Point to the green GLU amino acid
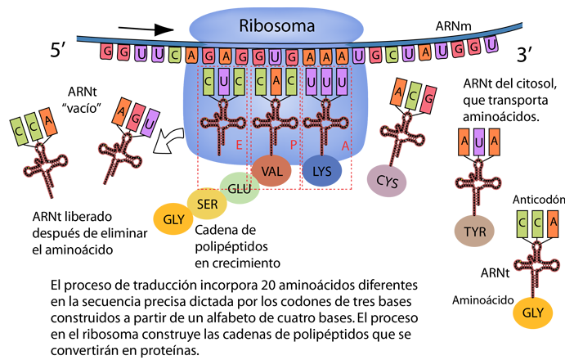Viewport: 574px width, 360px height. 239,189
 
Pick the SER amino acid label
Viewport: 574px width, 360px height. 207,205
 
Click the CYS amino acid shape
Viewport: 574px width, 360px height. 387,182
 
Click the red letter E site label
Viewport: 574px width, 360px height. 238,142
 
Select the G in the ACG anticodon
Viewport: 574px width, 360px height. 429,97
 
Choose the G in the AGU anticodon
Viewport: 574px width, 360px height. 133,114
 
